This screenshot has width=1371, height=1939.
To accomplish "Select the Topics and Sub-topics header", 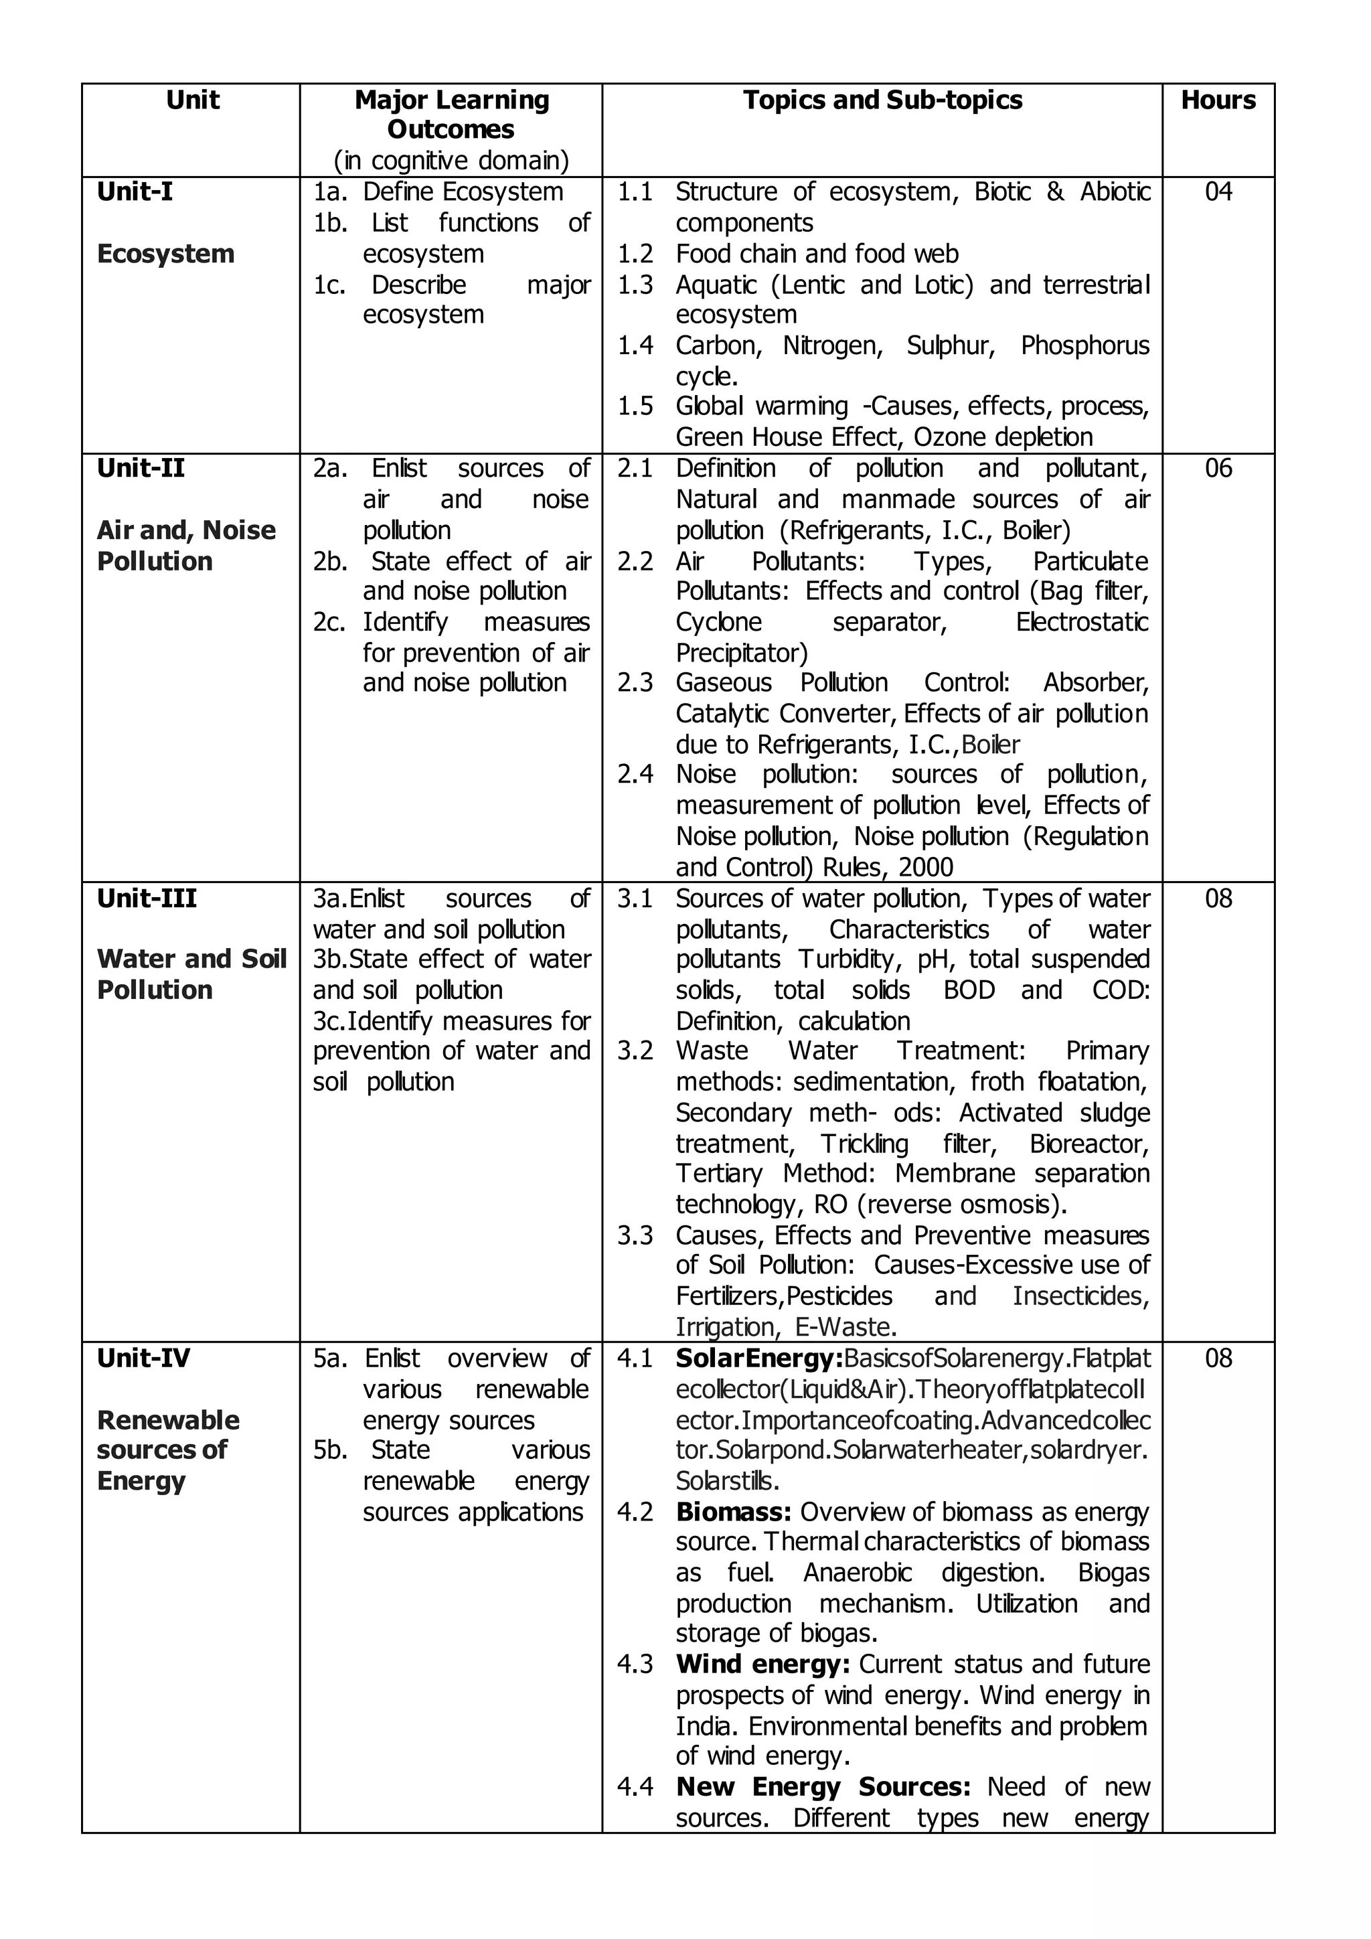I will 882,100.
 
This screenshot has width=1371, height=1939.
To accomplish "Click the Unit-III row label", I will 146,899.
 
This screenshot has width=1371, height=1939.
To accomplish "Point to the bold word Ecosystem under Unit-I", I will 165,254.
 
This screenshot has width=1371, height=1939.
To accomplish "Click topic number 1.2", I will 635,254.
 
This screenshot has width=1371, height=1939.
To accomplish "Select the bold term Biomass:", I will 733,1512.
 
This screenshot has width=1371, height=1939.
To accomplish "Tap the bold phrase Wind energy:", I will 762,1664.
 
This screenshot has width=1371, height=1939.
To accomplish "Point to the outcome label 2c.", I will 329,623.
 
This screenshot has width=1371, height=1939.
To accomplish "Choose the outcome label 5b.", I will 330,1450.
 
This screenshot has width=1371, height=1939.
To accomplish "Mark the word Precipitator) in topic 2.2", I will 741,653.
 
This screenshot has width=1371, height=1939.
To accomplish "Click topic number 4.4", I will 635,1787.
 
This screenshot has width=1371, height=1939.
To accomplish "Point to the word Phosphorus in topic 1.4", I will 1084,345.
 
